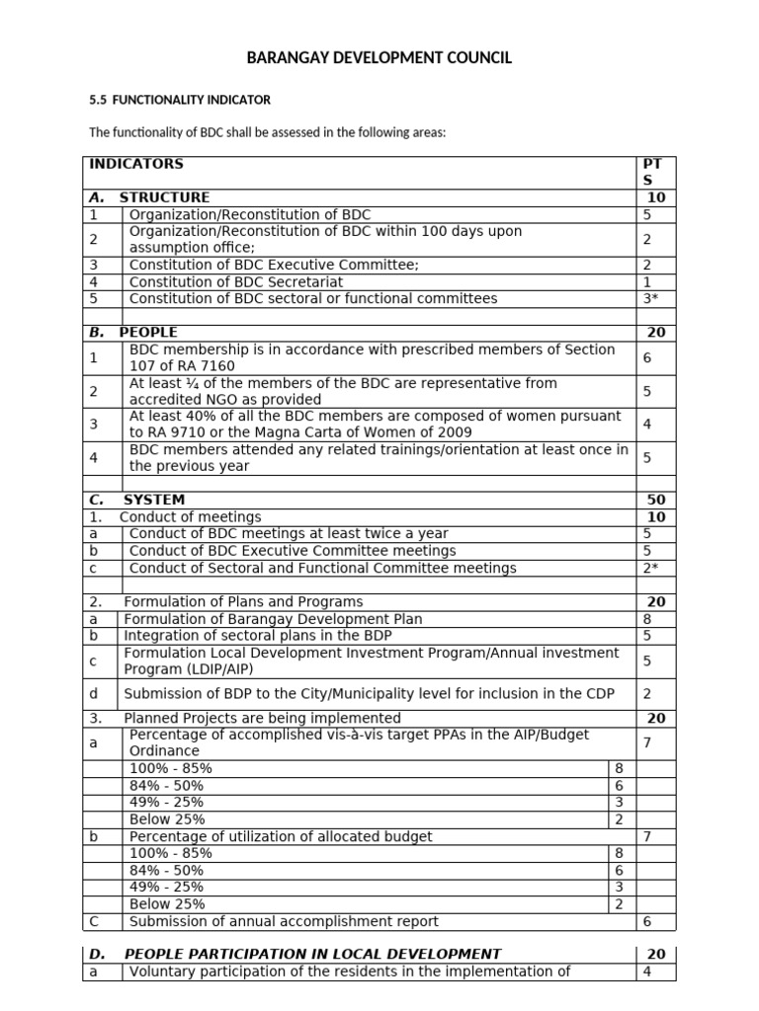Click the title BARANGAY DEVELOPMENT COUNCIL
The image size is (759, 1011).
(379, 59)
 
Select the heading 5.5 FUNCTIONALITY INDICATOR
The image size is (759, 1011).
(180, 100)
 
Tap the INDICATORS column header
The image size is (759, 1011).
(136, 164)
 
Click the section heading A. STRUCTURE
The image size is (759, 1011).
(149, 197)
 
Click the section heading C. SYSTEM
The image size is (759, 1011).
(137, 500)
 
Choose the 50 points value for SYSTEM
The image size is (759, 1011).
(655, 500)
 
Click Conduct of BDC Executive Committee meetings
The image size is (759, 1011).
(293, 551)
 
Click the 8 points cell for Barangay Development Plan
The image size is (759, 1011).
(647, 619)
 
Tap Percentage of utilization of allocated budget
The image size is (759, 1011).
(281, 836)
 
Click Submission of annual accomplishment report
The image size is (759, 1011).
(284, 921)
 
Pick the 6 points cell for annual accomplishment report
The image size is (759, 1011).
(647, 921)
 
